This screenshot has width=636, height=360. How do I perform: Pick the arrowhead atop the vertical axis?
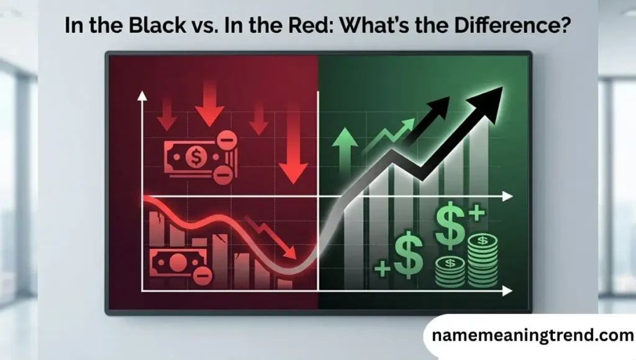coord(142,95)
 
